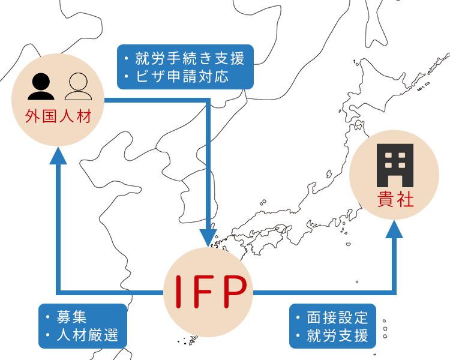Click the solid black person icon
[x=40, y=86]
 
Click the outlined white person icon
[x=79, y=86]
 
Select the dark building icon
[x=394, y=165]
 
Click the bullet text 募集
[x=73, y=316]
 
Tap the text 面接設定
[x=338, y=317]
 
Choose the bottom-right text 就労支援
[x=338, y=335]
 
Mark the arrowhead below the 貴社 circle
[x=395, y=228]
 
